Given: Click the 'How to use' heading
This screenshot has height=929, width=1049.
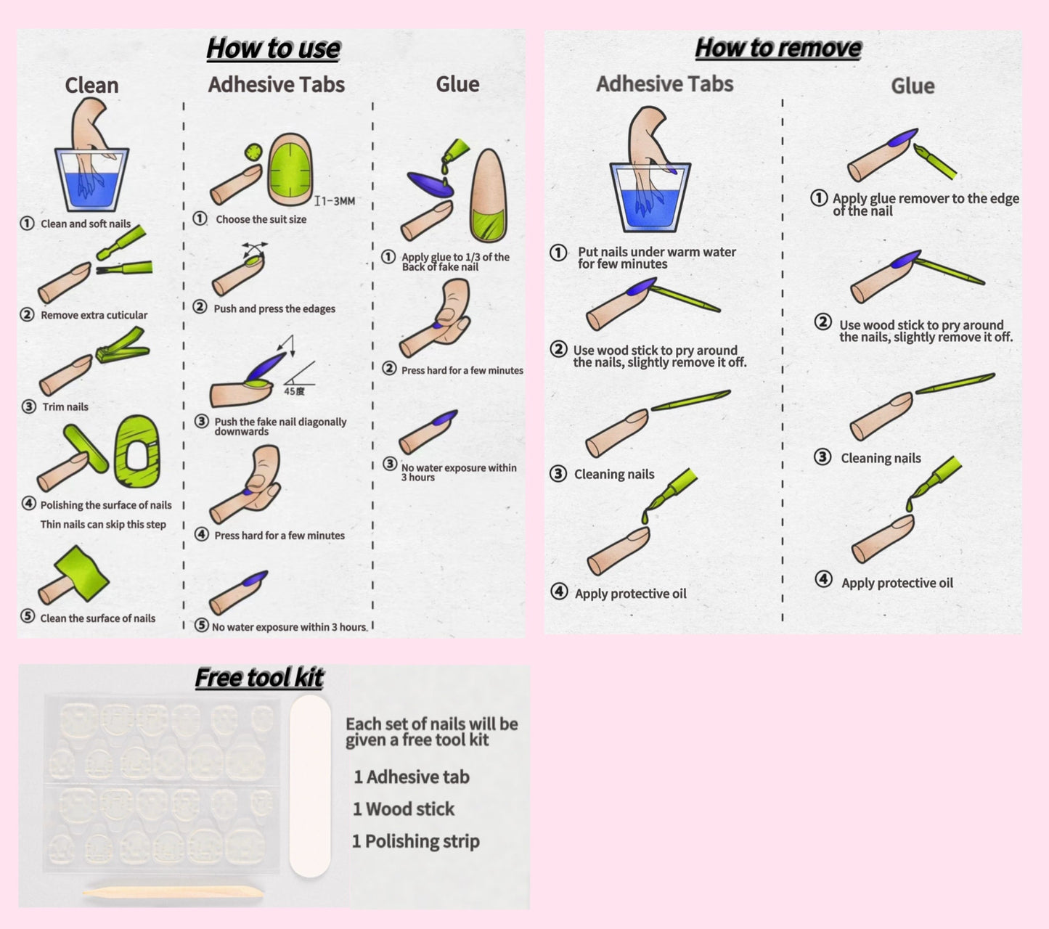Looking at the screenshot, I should [273, 49].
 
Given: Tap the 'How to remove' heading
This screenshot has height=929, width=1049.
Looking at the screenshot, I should [778, 48].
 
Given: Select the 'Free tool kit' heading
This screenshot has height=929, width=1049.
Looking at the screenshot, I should [259, 678].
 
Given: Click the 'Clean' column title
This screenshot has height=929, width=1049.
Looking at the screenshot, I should [91, 86].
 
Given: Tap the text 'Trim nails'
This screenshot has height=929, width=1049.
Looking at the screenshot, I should [65, 407].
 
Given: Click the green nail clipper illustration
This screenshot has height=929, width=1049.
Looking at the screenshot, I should [122, 346].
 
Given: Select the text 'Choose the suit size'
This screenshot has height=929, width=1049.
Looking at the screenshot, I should [261, 219].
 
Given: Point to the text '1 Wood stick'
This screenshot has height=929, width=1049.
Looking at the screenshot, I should [404, 809].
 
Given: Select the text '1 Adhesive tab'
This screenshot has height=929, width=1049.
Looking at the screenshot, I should [411, 777].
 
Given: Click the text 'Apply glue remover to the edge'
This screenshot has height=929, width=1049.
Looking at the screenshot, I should [926, 199].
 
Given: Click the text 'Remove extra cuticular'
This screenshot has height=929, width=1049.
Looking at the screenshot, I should [94, 315].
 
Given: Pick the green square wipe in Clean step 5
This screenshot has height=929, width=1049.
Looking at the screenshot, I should [81, 573].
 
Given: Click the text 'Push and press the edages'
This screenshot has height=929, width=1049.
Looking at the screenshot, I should [274, 308].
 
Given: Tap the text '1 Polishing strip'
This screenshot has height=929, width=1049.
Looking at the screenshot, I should [415, 842].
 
